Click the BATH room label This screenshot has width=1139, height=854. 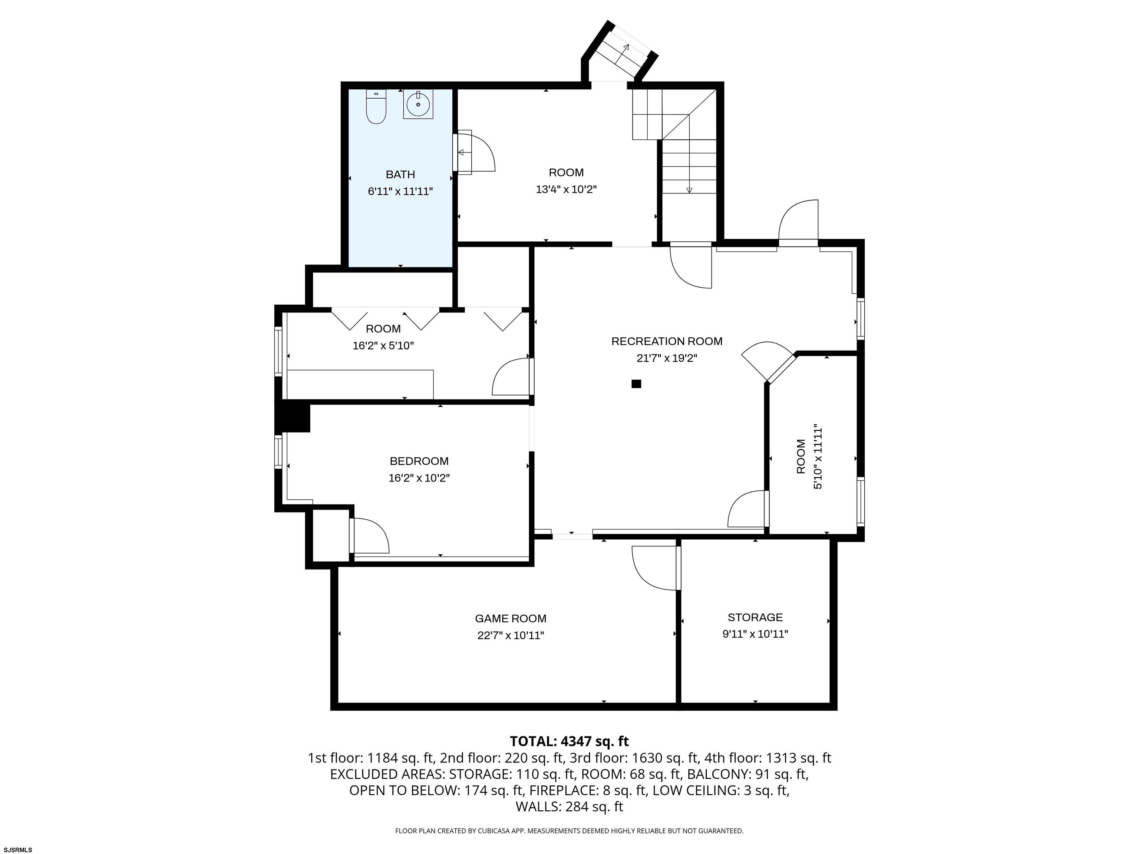click(400, 175)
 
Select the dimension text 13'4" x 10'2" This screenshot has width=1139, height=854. click(566, 189)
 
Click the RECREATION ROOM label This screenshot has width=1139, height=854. click(667, 341)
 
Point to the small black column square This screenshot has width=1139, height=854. click(637, 384)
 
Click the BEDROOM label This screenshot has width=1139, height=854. click(419, 461)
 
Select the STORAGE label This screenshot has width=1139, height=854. click(755, 617)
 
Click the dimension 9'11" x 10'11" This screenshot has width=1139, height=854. click(755, 634)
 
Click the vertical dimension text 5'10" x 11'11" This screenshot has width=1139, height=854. click(817, 457)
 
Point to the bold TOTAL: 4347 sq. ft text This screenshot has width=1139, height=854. click(569, 741)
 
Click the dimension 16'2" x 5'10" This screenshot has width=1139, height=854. click(383, 345)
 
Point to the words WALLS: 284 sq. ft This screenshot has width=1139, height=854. click(569, 807)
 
